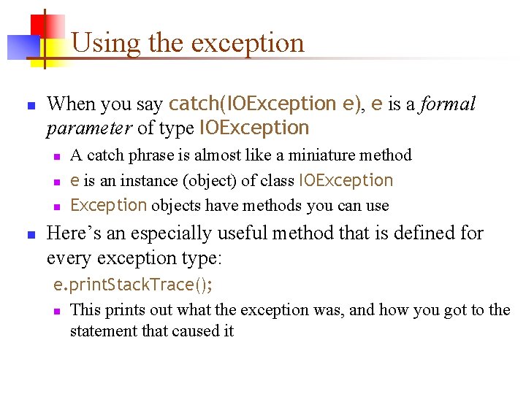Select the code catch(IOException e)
pos(264,104)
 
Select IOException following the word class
pos(346,180)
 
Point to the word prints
pos(126,310)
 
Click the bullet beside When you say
pos(31,106)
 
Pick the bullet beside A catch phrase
pos(55,156)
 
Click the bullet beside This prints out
pos(55,311)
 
